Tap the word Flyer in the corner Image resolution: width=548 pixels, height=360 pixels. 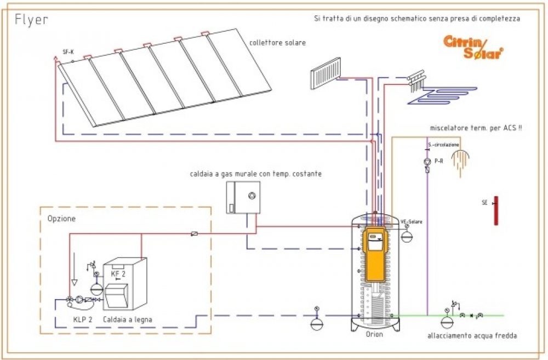[31, 20]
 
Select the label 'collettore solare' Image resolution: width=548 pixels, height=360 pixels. [277, 42]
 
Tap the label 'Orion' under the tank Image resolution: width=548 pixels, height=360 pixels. [375, 334]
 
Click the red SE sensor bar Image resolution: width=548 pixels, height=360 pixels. [495, 210]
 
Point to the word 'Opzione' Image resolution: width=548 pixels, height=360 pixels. [61, 218]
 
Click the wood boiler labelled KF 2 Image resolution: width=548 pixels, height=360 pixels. [126, 282]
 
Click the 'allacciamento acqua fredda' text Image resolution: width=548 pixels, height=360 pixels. [472, 335]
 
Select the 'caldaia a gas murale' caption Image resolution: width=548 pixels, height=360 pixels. [255, 174]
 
